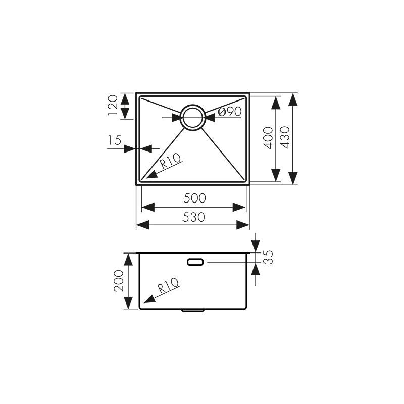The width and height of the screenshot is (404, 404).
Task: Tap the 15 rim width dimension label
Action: [115, 140]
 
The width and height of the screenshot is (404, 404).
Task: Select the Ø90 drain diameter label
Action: [230, 112]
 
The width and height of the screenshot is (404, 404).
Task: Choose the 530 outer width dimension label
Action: [193, 217]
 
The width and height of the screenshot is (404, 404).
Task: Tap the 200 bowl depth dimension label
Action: [119, 281]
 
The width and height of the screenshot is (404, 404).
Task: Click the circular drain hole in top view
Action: [192, 118]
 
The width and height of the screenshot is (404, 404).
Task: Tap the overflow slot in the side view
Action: [195, 262]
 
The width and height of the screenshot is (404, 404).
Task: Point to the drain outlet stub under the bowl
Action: [192, 310]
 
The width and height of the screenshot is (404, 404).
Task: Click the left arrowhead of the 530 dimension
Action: [142, 225]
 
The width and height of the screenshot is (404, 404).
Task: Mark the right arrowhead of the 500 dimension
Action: [239, 207]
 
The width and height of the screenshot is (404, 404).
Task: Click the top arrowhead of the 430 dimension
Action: [292, 100]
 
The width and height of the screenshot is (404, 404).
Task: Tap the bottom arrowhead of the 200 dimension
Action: [129, 303]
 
